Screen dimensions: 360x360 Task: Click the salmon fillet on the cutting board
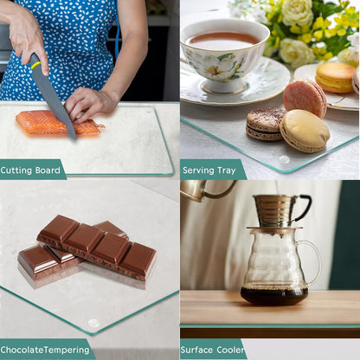[x=58, y=123]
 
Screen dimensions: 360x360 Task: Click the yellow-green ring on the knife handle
[x=35, y=66]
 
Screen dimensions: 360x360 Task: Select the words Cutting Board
[x=30, y=170]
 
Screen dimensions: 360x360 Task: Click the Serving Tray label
[x=209, y=170]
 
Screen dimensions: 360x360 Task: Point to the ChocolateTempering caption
[x=45, y=350]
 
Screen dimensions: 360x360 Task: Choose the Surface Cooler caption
[x=212, y=350]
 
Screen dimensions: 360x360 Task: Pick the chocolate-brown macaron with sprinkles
[x=266, y=124]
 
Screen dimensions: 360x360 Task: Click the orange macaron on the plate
[x=335, y=77]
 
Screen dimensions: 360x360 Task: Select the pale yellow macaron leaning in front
[x=305, y=132]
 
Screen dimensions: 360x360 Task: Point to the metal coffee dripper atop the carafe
[x=279, y=210]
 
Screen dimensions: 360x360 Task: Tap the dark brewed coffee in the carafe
[x=274, y=295]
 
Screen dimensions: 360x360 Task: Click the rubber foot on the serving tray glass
[x=284, y=159]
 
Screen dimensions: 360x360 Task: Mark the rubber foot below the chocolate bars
[x=93, y=323]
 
